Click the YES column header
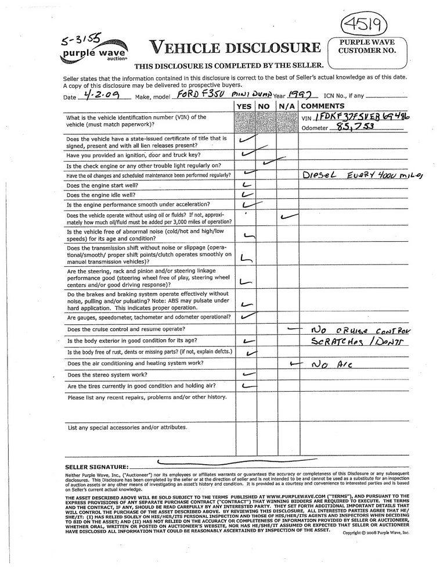point(244,107)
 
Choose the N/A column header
point(285,107)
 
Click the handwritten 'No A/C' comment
point(326,365)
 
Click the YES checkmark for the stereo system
point(249,374)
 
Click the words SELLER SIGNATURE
point(96,467)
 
